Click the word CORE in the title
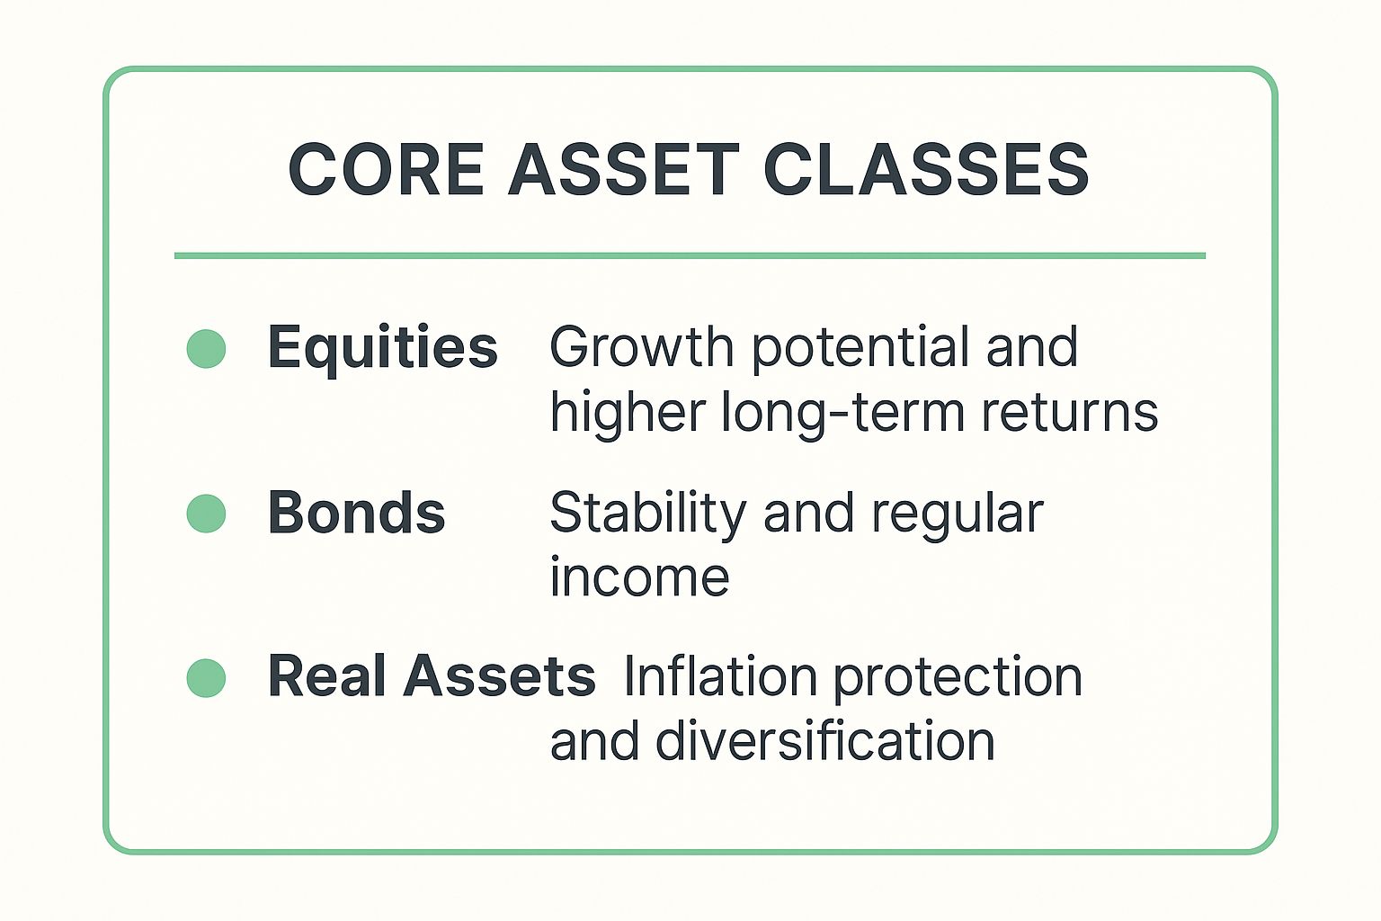point(386,170)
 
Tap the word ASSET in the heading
point(623,170)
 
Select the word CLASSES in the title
point(926,170)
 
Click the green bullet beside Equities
point(206,349)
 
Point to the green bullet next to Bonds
point(206,514)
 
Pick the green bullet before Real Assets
point(206,678)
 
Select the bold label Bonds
point(356,514)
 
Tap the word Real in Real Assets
point(327,676)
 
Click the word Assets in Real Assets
point(499,676)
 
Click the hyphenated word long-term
point(842,414)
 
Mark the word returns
point(1069,414)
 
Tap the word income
point(639,577)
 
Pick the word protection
point(958,679)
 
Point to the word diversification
point(824,742)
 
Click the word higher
point(627,414)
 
